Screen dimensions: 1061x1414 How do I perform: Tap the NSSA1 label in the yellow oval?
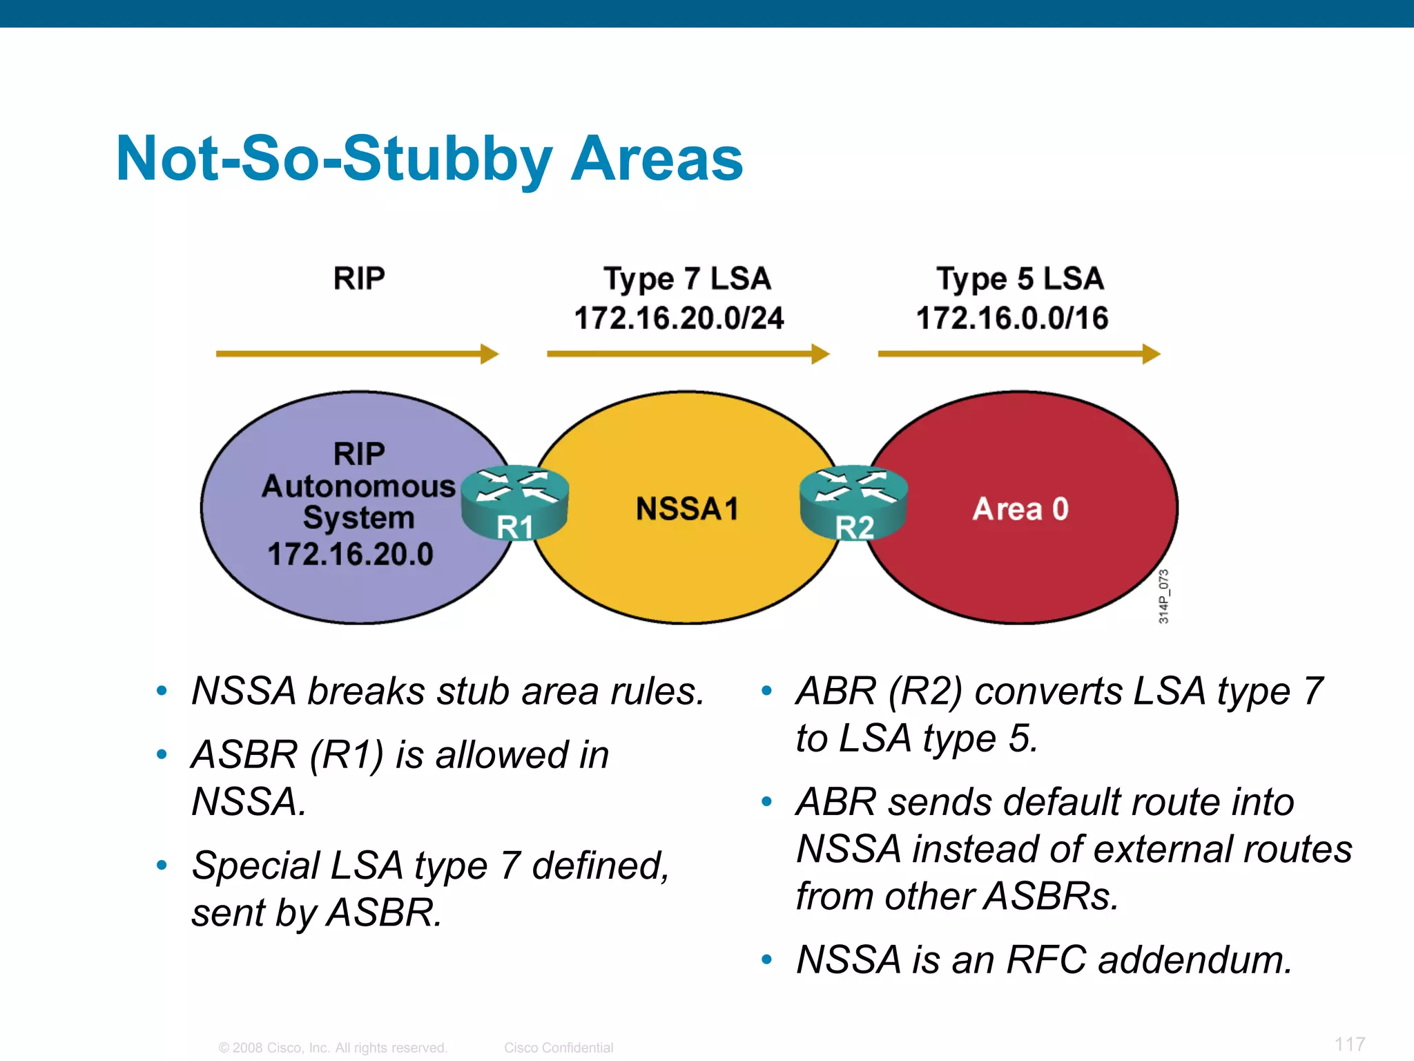pos(687,509)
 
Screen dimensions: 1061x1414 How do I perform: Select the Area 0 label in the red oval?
pos(1020,509)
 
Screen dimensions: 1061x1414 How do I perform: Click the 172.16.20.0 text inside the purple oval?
pos(350,554)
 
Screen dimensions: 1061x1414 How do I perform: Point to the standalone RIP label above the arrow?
pos(359,278)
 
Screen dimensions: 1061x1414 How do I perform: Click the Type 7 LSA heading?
pos(687,278)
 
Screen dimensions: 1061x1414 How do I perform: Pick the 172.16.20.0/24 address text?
pos(679,318)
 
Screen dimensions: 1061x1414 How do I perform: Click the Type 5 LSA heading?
pos(1020,278)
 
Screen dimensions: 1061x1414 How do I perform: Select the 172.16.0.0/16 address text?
pos(1012,318)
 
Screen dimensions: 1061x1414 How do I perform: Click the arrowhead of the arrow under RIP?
pos(490,354)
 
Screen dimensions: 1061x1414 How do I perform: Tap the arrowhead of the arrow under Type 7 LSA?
pos(820,354)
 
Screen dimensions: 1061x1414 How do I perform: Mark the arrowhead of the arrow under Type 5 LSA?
pos(1151,354)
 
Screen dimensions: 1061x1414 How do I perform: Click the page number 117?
pos(1350,1044)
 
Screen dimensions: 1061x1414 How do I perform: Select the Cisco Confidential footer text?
pos(559,1048)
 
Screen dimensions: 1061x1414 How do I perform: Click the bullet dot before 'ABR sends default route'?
pos(766,802)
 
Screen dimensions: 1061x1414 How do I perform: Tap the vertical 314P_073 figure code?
pos(1163,596)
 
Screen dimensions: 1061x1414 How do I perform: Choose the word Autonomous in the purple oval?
pos(358,486)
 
